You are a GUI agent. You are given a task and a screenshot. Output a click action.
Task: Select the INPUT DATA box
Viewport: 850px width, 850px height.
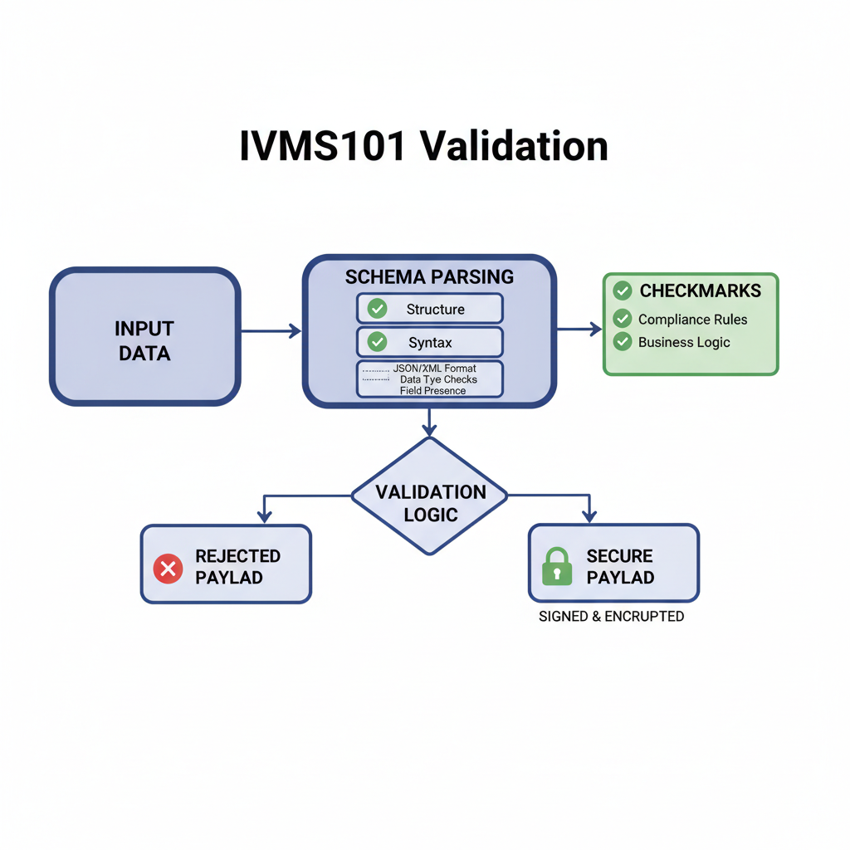pyautogui.click(x=144, y=337)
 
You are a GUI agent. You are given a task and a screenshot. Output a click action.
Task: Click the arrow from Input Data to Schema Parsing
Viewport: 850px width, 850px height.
pyautogui.click(x=271, y=331)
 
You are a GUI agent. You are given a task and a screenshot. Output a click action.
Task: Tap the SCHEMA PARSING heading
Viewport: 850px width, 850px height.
pyautogui.click(x=429, y=276)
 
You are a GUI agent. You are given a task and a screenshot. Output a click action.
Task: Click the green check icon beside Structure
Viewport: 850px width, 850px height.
pyautogui.click(x=377, y=309)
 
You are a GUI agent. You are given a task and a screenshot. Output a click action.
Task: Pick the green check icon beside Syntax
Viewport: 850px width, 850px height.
pyautogui.click(x=377, y=342)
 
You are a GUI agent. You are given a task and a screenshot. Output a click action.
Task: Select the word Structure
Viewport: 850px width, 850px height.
pyautogui.click(x=435, y=309)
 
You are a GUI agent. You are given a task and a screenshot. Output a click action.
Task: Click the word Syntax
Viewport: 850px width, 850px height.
pyautogui.click(x=430, y=342)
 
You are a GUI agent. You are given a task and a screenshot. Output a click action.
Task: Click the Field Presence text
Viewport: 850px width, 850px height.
pyautogui.click(x=432, y=390)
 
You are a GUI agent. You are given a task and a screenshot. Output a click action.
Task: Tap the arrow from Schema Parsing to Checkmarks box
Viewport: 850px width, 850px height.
pyautogui.click(x=579, y=330)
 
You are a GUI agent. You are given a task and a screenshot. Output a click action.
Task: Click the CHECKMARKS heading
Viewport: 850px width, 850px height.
pyautogui.click(x=700, y=291)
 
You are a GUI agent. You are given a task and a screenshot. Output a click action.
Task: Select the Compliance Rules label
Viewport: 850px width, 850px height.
pyautogui.click(x=692, y=320)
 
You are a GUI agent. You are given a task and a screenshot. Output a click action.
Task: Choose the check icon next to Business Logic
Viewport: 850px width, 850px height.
pyautogui.click(x=622, y=341)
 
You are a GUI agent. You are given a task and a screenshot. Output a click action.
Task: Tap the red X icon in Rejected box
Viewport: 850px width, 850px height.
pyautogui.click(x=169, y=569)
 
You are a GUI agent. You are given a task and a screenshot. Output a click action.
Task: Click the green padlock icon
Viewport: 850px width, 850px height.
pyautogui.click(x=556, y=567)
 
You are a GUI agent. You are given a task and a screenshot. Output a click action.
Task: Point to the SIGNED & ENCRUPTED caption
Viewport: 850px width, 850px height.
pyautogui.click(x=611, y=617)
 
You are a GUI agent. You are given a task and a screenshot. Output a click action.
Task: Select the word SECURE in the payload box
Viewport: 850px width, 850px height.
pyautogui.click(x=619, y=556)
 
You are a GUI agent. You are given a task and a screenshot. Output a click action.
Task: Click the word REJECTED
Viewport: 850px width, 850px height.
pyautogui.click(x=237, y=556)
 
